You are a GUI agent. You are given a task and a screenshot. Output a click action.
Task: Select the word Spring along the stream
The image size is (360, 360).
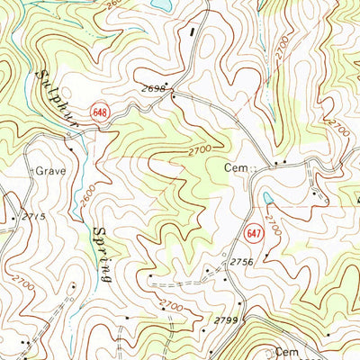(x=100, y=255)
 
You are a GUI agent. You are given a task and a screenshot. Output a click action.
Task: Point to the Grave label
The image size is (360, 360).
(x=46, y=169)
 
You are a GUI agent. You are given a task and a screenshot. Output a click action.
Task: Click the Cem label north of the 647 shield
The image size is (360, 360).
(x=232, y=166)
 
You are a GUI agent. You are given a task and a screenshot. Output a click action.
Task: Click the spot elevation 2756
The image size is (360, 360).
(x=243, y=262)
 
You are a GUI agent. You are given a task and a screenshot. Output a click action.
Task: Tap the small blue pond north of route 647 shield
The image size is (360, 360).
(x=267, y=199)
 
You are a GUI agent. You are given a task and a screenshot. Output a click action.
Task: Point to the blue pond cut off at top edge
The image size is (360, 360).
(x=160, y=4)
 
